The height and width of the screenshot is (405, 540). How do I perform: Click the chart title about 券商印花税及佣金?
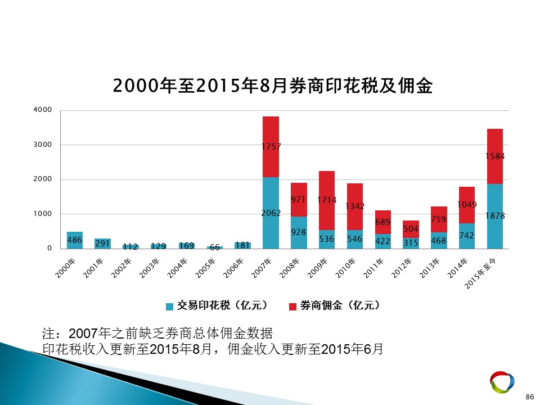point(273,85)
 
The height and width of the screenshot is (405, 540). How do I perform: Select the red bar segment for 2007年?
point(271,147)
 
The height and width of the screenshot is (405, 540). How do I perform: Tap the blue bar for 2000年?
point(75,240)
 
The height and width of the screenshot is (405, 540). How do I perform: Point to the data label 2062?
point(271,213)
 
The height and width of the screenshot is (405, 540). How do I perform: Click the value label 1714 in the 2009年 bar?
point(327,200)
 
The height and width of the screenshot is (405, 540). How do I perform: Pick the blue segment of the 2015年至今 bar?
point(495,216)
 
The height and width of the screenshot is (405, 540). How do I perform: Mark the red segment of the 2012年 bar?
point(411,229)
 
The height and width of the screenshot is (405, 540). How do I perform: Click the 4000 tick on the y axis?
point(42,110)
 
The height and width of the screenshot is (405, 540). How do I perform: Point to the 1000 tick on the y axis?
point(42,214)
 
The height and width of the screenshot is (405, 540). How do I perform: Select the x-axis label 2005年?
point(205,268)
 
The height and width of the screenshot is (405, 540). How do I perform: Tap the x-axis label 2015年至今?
point(480,273)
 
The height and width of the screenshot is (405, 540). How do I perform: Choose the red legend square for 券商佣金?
point(292,307)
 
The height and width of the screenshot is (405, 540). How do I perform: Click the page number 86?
point(530,397)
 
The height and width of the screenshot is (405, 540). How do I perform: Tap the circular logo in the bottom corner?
point(502,382)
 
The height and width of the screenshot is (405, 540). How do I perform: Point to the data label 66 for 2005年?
point(215,247)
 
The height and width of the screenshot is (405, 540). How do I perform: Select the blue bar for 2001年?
point(102,244)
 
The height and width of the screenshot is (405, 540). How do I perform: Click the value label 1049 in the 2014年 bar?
point(467,205)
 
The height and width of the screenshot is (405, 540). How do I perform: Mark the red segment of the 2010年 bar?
point(355,206)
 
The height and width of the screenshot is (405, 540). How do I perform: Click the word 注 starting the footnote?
point(48,334)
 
